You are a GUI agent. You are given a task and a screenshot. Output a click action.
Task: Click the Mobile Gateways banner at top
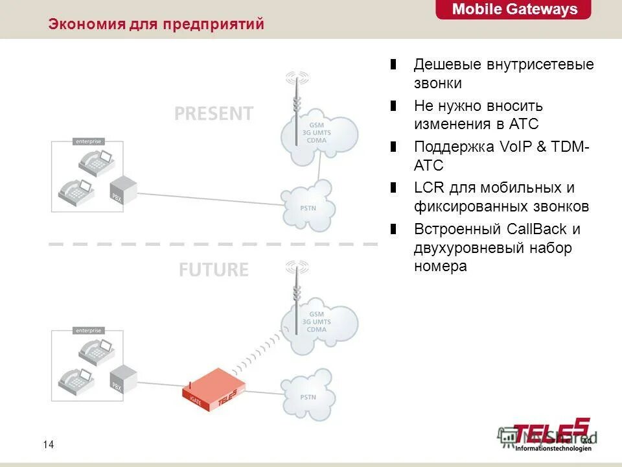click(514, 10)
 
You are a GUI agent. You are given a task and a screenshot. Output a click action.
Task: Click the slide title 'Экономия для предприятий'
click(156, 25)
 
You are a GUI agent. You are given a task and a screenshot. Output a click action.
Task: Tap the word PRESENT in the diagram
click(213, 114)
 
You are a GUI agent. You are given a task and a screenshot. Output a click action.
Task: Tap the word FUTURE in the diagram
click(213, 270)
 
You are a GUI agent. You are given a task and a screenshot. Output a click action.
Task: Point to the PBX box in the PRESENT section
click(124, 189)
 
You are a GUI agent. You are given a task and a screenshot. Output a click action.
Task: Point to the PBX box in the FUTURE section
click(124, 379)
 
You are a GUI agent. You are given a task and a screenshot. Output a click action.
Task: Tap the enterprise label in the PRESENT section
click(88, 141)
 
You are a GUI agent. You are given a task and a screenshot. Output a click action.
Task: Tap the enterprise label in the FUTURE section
click(88, 330)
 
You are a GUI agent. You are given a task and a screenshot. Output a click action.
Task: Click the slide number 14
click(48, 444)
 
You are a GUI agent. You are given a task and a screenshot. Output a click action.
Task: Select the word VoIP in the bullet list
click(516, 147)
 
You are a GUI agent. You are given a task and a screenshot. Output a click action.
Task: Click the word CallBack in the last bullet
click(537, 229)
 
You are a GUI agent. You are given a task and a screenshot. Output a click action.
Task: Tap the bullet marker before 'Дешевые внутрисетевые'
click(393, 65)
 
